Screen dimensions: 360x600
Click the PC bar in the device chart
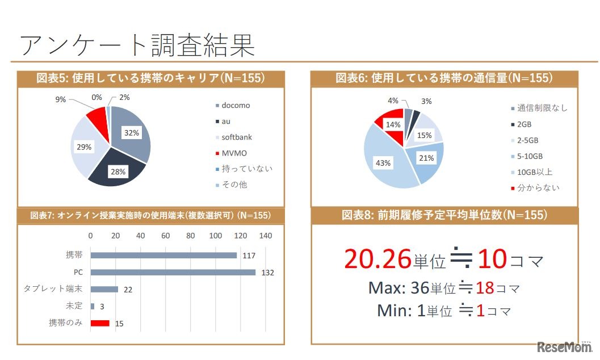point(173,272)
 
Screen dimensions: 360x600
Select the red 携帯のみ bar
point(100,323)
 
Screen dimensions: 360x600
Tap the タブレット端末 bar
point(104,289)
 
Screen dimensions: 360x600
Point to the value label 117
point(249,256)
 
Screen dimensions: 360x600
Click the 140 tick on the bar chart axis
point(265,236)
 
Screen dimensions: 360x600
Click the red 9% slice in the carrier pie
point(98,118)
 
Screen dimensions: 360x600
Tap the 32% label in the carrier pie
point(132,133)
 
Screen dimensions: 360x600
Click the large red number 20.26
point(377,259)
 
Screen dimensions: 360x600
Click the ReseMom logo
point(564,346)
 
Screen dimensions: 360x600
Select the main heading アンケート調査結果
point(137,45)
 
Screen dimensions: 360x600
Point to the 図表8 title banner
point(444,215)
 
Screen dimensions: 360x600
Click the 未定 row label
point(74,306)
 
